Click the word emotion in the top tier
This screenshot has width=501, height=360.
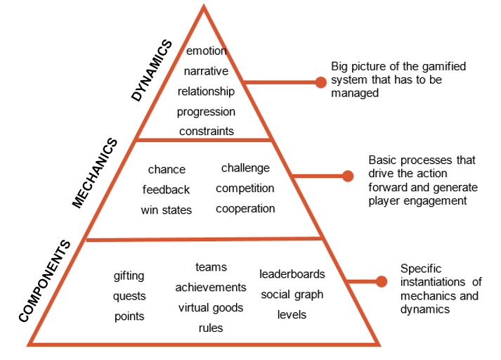click(206, 51)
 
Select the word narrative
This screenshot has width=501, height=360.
click(206, 71)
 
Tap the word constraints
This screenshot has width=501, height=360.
click(206, 131)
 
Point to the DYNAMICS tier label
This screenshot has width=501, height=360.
click(152, 70)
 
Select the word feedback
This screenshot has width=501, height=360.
click(166, 190)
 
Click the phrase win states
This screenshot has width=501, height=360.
click(166, 210)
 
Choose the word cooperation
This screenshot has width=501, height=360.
click(245, 209)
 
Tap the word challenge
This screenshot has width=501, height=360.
click(245, 168)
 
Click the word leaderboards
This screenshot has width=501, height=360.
click(292, 274)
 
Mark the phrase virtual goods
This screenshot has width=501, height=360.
click(210, 307)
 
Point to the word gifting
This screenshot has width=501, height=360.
click(129, 276)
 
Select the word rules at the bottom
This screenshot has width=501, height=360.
click(210, 328)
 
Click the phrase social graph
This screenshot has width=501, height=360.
click(292, 294)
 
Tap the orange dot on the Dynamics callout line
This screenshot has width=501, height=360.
click(320, 82)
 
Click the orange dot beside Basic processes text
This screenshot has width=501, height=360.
click(346, 176)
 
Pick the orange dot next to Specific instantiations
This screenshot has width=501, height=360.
click(382, 282)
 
